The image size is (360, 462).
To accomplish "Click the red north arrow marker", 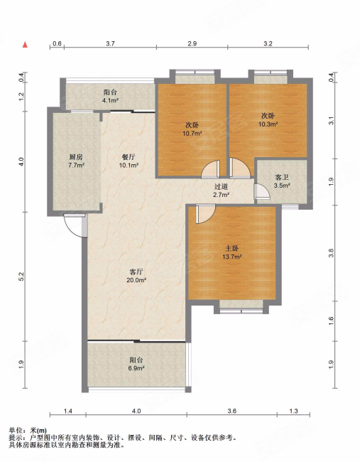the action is pos(26,45).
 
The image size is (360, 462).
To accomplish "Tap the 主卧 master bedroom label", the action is pos(231,249).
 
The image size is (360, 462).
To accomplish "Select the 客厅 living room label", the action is pos(136,272).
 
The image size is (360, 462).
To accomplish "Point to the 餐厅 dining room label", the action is pos(129,157).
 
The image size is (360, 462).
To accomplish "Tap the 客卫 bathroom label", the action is pos(282,178).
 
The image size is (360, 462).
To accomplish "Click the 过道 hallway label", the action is pos(221,186).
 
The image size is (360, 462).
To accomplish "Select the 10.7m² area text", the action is pos(192,134).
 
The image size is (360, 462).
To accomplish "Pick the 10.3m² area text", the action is pos(268,124).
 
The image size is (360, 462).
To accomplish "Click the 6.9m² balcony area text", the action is pos(136,368).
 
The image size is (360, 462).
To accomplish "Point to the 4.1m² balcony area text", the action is pos(110,100).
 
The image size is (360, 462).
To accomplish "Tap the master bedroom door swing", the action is pos(205,214).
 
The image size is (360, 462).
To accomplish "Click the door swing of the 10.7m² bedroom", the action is pos(211,170).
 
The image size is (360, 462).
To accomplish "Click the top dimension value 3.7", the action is pos(110,43).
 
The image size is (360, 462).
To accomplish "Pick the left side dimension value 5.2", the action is pos(21,276).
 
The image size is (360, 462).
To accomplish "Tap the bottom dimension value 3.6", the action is pos(232,411).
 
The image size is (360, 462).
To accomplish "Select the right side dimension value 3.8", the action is pos(332,253).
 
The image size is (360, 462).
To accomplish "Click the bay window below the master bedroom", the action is pos(241,306).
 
